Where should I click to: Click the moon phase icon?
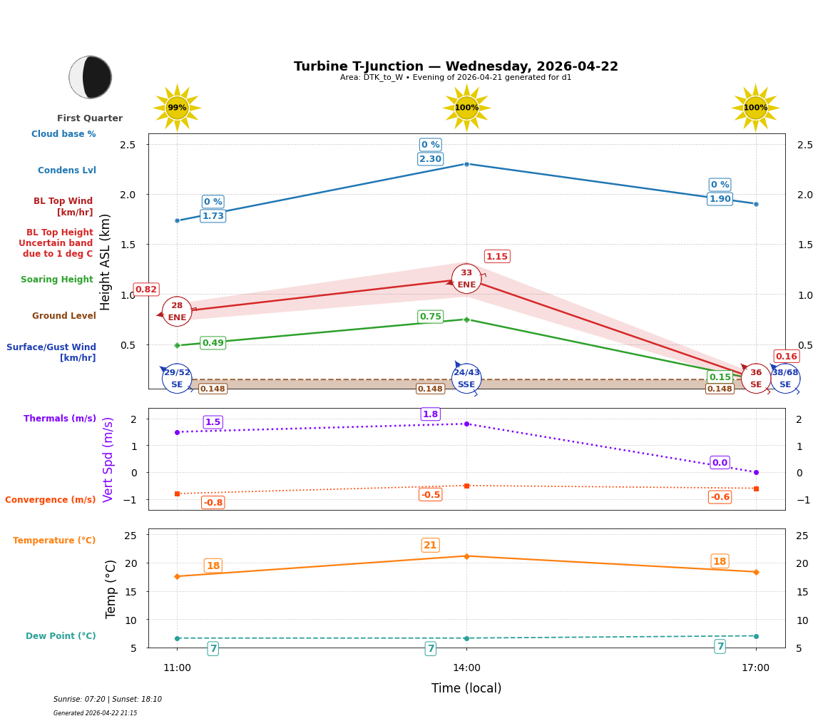[91, 77]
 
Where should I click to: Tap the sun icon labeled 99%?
[177, 108]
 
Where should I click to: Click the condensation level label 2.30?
[430, 159]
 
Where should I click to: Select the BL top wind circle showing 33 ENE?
[466, 279]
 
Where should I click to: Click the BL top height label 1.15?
[496, 257]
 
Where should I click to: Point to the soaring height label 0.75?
[430, 317]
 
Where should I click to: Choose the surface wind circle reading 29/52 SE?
[177, 379]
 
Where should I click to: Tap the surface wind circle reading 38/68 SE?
[784, 379]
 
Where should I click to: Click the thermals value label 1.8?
[430, 414]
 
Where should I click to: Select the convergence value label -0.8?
[213, 503]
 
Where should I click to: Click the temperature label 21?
[430, 546]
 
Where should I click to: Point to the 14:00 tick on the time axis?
[466, 668]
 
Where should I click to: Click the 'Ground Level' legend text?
[63, 316]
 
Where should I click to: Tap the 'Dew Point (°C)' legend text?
[61, 636]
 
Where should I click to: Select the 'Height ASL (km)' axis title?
[106, 262]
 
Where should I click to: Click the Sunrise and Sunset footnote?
[107, 700]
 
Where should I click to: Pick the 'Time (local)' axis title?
[466, 688]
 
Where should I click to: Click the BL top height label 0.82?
[145, 290]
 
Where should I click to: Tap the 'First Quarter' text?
[90, 118]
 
